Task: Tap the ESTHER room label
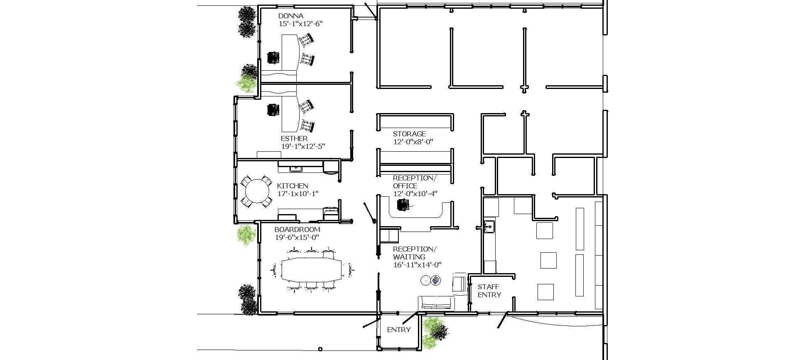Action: (294, 138)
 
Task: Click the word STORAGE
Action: (409, 134)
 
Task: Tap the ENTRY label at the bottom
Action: (399, 330)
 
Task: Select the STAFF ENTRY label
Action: (489, 291)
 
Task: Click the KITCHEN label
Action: (292, 186)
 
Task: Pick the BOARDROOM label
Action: (297, 229)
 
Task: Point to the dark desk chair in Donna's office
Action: (273, 57)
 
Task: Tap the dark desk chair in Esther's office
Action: (273, 110)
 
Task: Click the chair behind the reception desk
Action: (403, 205)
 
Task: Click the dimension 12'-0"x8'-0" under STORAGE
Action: (413, 142)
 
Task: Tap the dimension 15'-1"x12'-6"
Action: (300, 24)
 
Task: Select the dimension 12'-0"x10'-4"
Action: (415, 194)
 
